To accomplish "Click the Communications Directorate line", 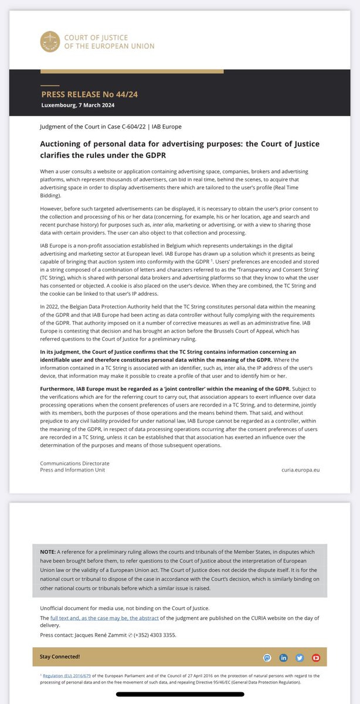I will coord(74,463).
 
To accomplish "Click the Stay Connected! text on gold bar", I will coord(60,656).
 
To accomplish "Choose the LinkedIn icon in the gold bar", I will coord(284,657).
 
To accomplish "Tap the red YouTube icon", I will coord(316,657).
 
